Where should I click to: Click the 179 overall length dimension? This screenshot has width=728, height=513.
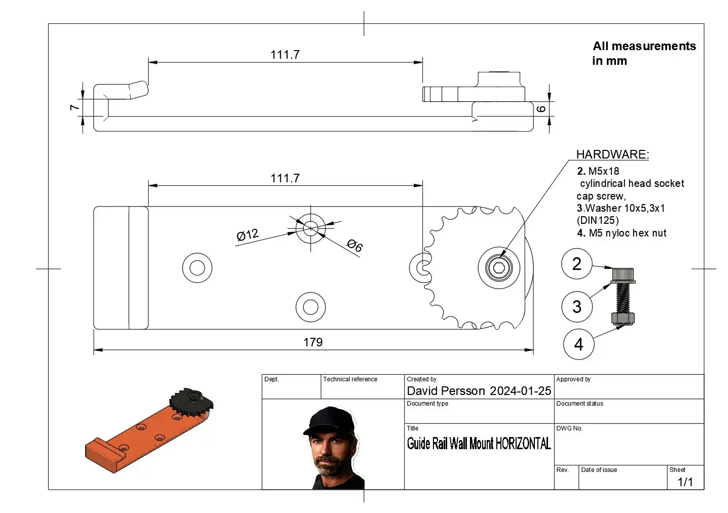click(313, 342)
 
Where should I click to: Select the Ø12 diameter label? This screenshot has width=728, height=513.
click(247, 235)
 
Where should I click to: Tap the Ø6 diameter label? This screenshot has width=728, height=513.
click(354, 246)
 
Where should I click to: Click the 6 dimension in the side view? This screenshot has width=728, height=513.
click(541, 109)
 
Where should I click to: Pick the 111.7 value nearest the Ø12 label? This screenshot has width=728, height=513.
click(285, 178)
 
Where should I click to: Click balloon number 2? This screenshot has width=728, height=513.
click(576, 264)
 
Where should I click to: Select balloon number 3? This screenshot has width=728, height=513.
click(576, 306)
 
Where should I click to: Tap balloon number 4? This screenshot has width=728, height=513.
click(578, 344)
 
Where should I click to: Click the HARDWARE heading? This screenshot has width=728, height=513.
click(612, 154)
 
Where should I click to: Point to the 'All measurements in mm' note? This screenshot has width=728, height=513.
click(643, 53)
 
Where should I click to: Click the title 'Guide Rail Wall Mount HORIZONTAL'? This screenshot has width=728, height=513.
click(479, 444)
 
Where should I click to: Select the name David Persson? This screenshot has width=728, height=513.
click(446, 391)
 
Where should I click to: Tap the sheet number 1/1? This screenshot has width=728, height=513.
click(685, 482)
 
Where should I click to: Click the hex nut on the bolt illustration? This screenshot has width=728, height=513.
click(623, 319)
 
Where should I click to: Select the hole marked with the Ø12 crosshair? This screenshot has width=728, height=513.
click(311, 228)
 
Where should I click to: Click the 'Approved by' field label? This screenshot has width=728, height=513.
click(573, 379)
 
